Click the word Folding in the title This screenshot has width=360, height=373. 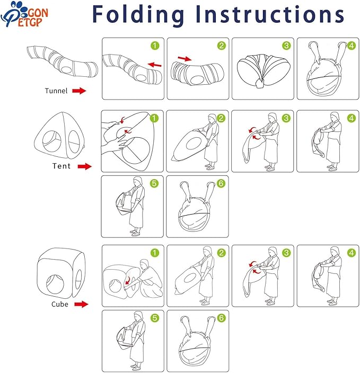[x=138, y=15]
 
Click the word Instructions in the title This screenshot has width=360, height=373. [x=270, y=14]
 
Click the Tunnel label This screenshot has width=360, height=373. [x=56, y=91]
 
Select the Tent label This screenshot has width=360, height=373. [x=62, y=166]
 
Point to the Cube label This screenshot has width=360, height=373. [x=60, y=304]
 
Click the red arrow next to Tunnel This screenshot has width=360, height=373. [x=79, y=91]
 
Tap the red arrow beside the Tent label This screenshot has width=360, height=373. [x=84, y=166]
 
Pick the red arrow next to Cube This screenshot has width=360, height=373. [x=81, y=304]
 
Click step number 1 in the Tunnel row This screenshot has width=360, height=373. [x=155, y=46]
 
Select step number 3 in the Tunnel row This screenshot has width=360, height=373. [x=286, y=46]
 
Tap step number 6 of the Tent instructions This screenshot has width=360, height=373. [x=221, y=183]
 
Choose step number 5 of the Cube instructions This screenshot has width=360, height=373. [x=155, y=318]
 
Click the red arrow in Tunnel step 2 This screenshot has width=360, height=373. [x=185, y=58]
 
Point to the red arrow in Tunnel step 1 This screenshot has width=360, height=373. [x=154, y=65]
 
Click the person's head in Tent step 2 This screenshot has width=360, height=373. [x=212, y=118]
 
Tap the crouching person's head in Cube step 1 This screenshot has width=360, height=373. [x=145, y=263]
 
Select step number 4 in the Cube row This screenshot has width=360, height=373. [x=352, y=253]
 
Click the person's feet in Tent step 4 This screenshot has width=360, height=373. [x=332, y=168]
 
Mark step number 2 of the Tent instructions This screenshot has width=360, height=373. [x=221, y=118]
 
